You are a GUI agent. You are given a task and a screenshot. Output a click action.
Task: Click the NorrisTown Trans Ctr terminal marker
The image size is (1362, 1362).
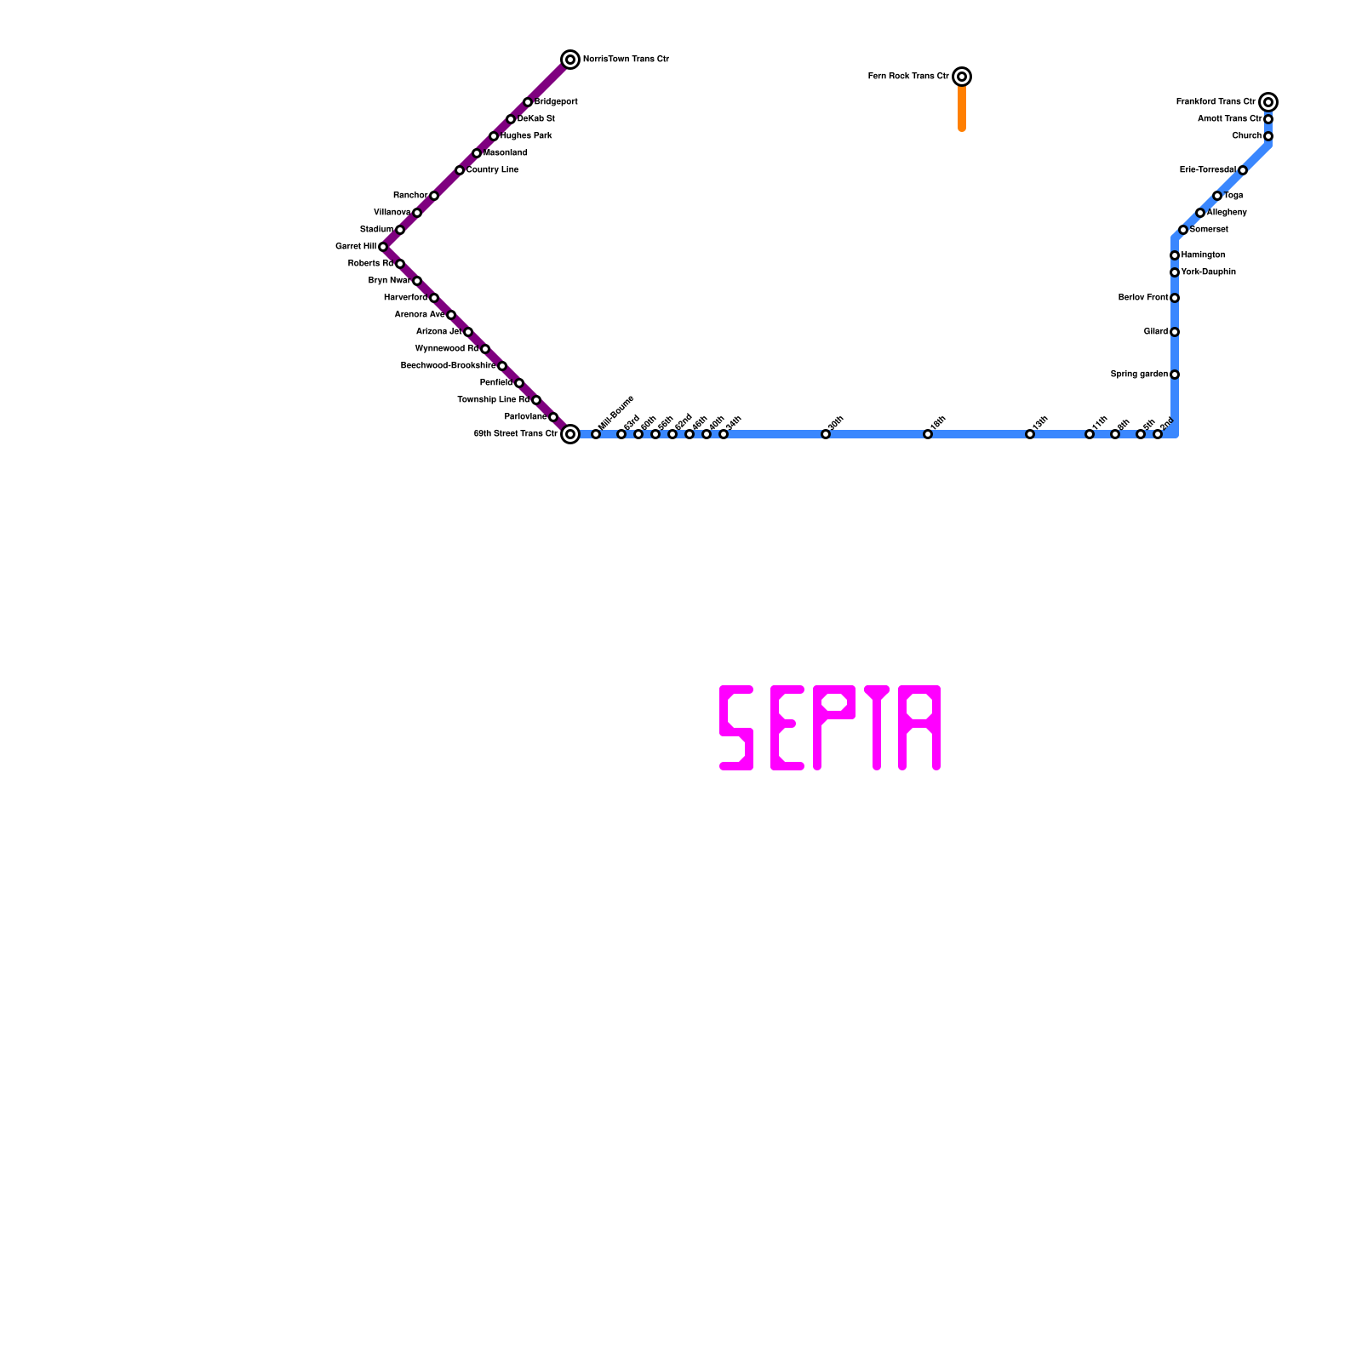click(x=570, y=60)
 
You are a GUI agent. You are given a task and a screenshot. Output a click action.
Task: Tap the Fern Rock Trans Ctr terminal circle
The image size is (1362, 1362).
click(x=962, y=77)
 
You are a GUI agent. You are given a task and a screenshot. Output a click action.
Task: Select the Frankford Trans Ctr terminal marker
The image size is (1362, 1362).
click(x=1268, y=102)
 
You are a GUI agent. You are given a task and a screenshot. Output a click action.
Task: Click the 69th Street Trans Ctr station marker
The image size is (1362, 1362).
click(x=570, y=434)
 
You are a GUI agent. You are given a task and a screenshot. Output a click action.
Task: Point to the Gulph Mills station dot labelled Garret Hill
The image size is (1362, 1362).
click(x=383, y=247)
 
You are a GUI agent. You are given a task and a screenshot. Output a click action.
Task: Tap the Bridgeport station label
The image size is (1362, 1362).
click(x=556, y=102)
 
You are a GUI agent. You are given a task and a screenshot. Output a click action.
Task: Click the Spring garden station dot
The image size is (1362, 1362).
click(x=1175, y=375)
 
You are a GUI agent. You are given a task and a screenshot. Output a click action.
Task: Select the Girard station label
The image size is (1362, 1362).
click(x=1156, y=332)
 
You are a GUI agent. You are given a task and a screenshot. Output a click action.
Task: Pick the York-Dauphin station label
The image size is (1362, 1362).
click(x=1208, y=272)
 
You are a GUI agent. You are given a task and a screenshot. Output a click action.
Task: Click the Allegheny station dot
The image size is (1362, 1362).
click(x=1200, y=213)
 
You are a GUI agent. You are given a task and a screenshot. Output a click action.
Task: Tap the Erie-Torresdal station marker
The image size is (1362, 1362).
click(x=1243, y=170)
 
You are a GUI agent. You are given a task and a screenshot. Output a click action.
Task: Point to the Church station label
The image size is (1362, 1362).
click(x=1246, y=136)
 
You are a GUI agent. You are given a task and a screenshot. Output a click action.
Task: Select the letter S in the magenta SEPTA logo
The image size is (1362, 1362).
click(x=736, y=728)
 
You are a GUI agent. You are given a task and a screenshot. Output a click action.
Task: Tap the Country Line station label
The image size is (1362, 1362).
click(x=492, y=170)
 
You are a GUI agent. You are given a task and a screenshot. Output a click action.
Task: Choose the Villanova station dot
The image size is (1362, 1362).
click(x=417, y=213)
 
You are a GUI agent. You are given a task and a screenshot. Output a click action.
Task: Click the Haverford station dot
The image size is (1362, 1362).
click(x=434, y=298)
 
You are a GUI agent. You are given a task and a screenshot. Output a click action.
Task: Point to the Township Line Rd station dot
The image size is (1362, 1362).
click(x=536, y=400)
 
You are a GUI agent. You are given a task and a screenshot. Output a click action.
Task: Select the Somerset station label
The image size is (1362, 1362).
click(x=1209, y=230)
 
